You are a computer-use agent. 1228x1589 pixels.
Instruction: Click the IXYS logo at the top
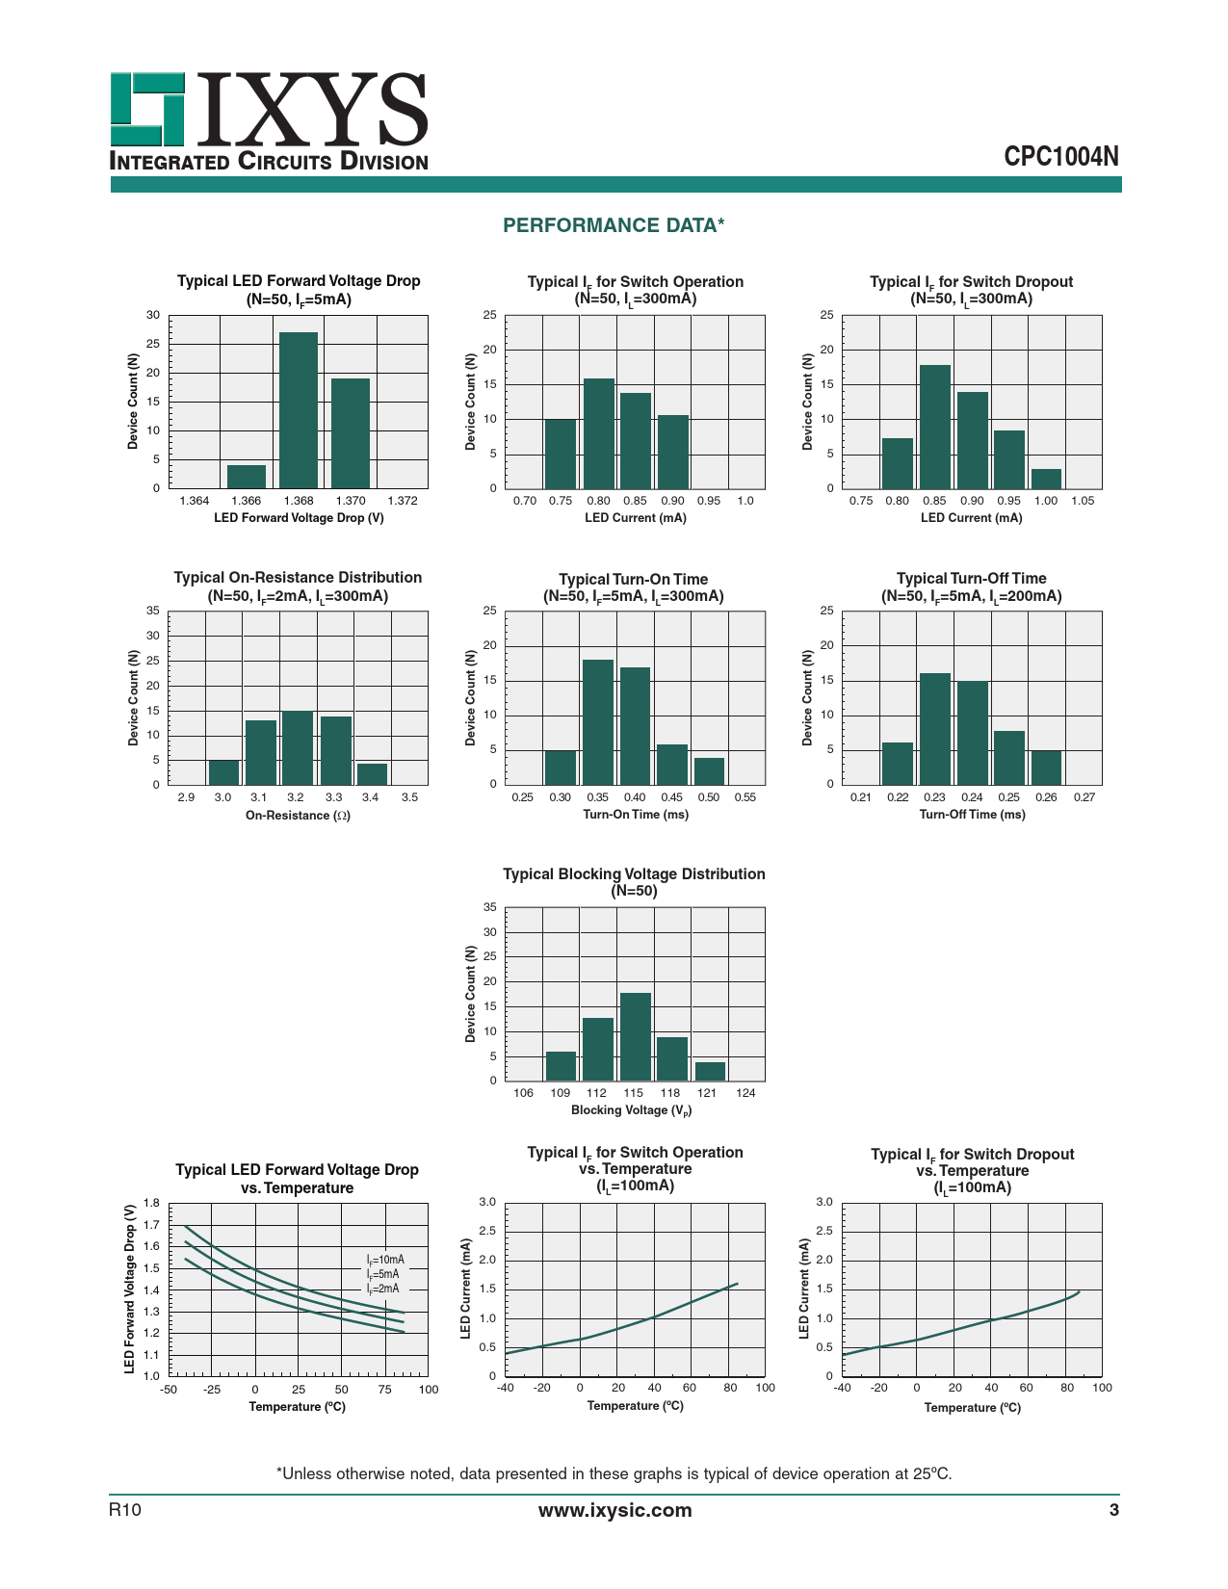click(269, 121)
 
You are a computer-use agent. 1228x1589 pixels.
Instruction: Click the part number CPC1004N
click(1061, 157)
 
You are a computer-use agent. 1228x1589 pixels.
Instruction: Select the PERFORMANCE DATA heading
click(614, 225)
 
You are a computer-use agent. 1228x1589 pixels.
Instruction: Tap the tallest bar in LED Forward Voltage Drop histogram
click(299, 409)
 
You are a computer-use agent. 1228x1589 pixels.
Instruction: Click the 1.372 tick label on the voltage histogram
click(402, 501)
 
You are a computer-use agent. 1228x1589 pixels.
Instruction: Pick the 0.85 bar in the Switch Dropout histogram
click(934, 427)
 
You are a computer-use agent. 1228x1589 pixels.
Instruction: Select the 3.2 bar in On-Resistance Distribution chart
click(298, 747)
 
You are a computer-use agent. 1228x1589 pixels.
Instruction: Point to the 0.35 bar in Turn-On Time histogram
click(598, 722)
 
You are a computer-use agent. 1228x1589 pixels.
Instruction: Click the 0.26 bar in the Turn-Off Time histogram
click(1046, 768)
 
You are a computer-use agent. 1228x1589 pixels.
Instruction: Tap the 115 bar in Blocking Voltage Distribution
click(635, 1036)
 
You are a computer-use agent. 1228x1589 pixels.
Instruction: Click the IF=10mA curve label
click(385, 1260)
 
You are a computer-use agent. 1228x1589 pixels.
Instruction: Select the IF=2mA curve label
click(382, 1289)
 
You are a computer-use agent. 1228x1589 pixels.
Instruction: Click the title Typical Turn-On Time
click(634, 579)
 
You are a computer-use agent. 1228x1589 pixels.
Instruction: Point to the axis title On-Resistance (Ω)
click(298, 816)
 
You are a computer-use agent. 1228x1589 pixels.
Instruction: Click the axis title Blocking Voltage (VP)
click(632, 1110)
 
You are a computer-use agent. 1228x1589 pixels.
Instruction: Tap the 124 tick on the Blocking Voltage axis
click(745, 1093)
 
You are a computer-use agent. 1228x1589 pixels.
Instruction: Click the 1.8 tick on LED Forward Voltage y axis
click(151, 1203)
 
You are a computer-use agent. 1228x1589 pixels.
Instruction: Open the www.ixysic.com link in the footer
click(614, 1510)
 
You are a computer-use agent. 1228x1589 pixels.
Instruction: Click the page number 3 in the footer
click(1114, 1510)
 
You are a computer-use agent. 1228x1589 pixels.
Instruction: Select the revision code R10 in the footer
click(125, 1510)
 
